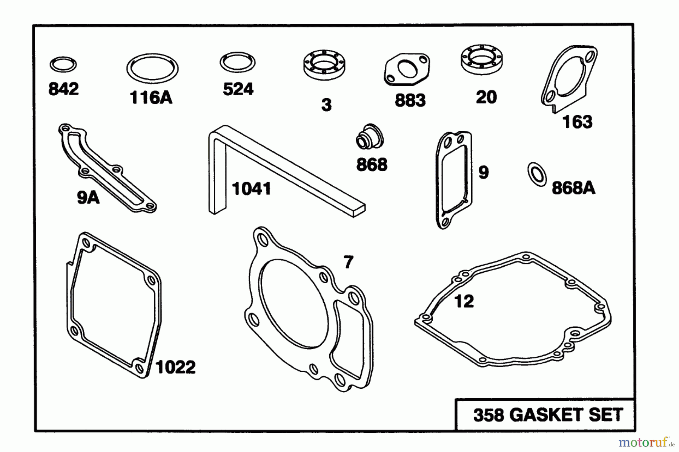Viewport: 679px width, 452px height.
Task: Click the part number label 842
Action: [63, 89]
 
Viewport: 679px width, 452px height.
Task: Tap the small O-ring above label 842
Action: [63, 64]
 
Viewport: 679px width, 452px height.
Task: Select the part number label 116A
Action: [151, 98]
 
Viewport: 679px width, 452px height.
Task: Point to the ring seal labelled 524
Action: [238, 62]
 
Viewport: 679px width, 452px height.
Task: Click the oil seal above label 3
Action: [325, 64]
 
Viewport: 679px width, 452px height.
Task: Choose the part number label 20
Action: [486, 97]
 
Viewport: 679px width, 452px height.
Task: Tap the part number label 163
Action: [577, 122]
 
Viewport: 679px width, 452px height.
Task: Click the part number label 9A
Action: [88, 197]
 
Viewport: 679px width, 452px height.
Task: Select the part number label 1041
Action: [252, 189]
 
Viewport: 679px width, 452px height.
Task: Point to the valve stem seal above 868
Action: [370, 136]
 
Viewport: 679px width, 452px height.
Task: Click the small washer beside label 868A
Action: [537, 174]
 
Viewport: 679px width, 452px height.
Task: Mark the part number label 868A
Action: [573, 188]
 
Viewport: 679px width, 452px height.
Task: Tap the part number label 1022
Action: [176, 367]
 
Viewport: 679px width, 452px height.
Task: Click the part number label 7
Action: [348, 262]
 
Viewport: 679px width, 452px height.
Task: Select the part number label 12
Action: [464, 301]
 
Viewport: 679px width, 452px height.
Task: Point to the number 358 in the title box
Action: [489, 415]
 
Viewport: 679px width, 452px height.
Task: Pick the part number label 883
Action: [410, 101]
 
